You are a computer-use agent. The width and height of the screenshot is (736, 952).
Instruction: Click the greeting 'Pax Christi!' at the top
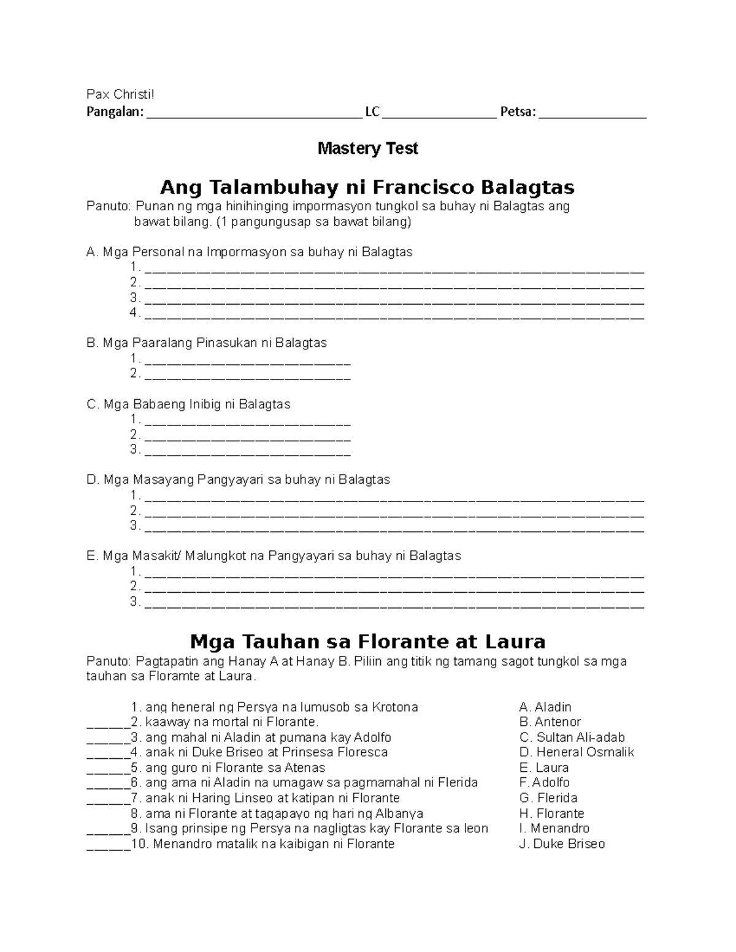coord(121,94)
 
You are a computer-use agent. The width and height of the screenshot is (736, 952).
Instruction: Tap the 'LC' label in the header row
coord(372,112)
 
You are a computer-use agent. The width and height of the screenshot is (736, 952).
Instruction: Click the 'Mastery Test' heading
coord(367,148)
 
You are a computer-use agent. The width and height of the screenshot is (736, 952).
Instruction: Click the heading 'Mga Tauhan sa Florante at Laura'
coord(367,642)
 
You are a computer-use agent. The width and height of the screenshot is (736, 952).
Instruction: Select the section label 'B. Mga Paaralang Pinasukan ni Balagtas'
coord(207,343)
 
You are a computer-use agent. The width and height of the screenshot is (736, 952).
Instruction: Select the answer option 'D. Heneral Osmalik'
coord(576,752)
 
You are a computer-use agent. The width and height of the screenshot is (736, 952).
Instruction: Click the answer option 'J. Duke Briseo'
coord(561,844)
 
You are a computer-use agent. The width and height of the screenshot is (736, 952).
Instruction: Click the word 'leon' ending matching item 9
coord(476,829)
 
